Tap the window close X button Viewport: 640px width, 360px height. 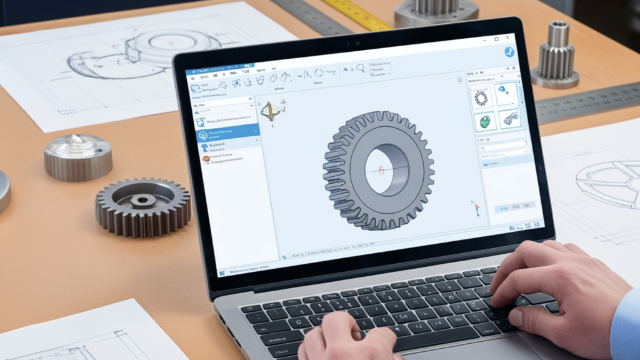(507, 39)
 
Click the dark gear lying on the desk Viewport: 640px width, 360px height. (143, 206)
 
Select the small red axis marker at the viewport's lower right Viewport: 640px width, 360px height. (476, 208)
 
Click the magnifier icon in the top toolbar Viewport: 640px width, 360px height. (361, 70)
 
